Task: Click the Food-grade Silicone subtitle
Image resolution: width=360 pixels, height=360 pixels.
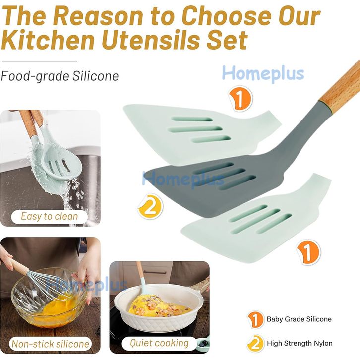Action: coord(60,76)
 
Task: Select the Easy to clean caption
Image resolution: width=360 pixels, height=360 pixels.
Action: coord(50,216)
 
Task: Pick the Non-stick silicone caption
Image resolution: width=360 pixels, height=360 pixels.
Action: coord(50,344)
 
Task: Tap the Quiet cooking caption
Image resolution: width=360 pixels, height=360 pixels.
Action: coord(159,343)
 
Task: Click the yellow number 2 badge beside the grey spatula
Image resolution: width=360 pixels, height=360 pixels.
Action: coord(150,206)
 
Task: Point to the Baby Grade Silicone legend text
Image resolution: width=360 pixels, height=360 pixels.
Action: coord(299,319)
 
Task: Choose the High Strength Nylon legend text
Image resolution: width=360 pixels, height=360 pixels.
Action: coord(300,343)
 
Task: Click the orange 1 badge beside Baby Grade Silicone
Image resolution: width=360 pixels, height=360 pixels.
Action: coord(255,319)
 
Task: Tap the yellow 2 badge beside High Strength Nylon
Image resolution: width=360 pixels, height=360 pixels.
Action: coord(255,344)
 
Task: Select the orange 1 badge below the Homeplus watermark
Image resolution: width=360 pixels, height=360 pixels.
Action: coord(240,99)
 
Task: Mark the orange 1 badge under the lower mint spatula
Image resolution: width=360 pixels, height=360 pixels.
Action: coord(308,252)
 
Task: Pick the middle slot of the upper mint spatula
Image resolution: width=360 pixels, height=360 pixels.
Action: coord(195,129)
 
